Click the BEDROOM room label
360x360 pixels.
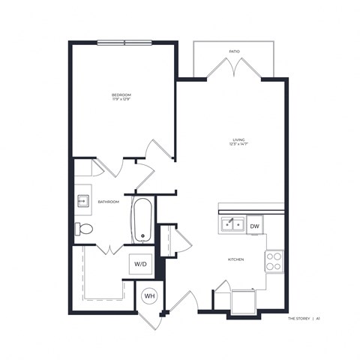click(121, 94)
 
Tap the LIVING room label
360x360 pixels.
click(239, 139)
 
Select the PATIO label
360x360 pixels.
click(235, 52)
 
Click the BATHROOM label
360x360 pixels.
click(109, 202)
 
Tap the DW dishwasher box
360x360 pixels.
click(255, 226)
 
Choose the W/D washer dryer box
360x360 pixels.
click(140, 265)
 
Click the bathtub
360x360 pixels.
click(143, 219)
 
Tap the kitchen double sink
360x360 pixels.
click(232, 224)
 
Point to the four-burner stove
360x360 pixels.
click(274, 260)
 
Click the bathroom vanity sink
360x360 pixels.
click(82, 201)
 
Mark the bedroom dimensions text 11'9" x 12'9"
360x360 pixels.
click(121, 100)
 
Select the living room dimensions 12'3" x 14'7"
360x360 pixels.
click(239, 145)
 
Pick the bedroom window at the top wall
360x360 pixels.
click(124, 42)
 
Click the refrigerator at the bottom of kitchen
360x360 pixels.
click(244, 301)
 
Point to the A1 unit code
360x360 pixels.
click(319, 318)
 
